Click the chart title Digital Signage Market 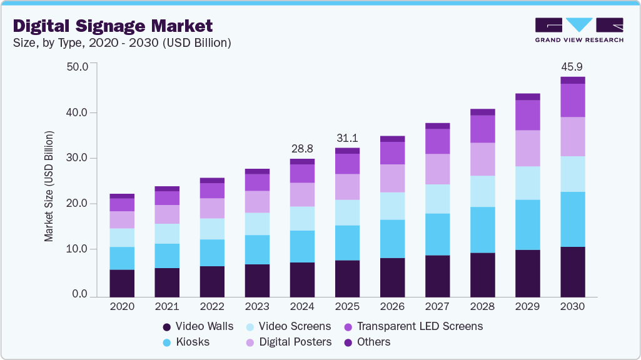click(113, 26)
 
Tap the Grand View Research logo click(579, 29)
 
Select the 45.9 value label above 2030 click(572, 66)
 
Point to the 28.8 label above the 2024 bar click(302, 149)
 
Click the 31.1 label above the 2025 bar click(347, 138)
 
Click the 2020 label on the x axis click(122, 307)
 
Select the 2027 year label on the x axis click(437, 307)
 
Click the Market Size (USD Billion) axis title click(49, 186)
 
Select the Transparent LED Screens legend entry click(413, 326)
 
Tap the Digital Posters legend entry click(287, 342)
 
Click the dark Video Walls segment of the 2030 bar click(572, 272)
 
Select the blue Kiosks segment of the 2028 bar click(482, 229)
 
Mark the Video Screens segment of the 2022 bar click(212, 229)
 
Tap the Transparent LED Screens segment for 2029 click(527, 115)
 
